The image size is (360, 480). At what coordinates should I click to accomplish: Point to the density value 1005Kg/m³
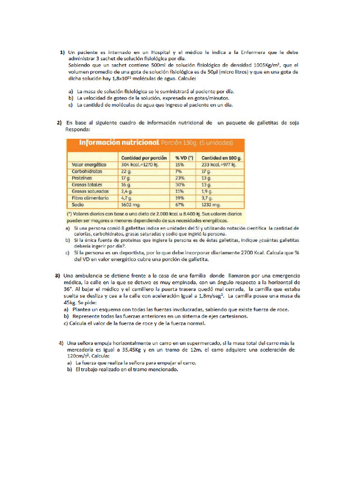[267, 66]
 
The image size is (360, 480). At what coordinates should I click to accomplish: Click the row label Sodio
[78, 205]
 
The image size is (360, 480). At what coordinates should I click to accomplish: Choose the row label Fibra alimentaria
[90, 198]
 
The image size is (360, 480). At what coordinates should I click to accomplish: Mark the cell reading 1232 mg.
[210, 205]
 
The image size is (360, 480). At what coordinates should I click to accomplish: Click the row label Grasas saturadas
[90, 191]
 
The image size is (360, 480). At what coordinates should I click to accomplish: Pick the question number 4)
[61, 343]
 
